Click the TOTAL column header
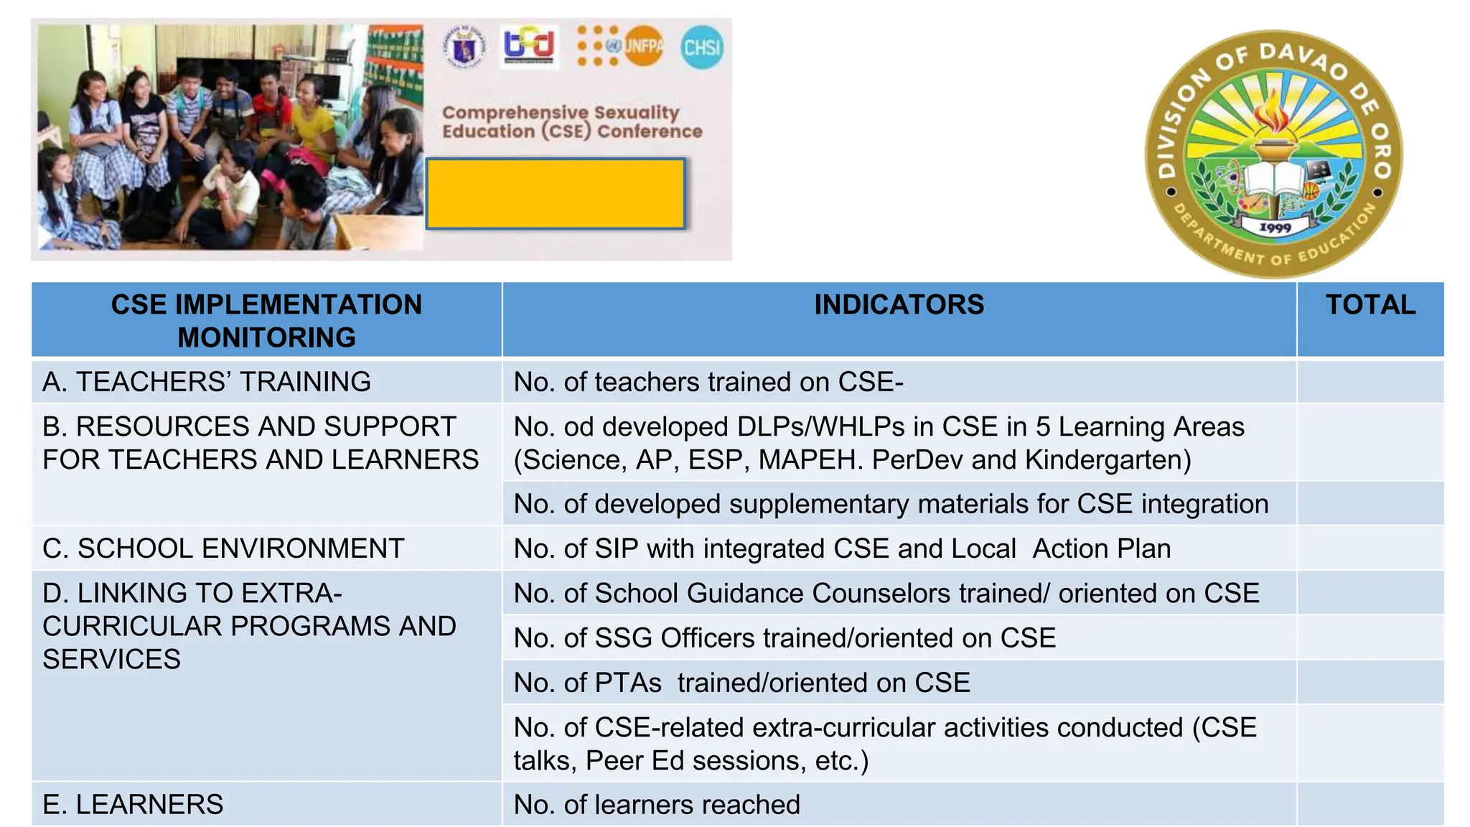(1370, 305)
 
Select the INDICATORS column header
(899, 305)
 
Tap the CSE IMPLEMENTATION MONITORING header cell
(266, 321)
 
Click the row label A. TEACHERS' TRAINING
(207, 382)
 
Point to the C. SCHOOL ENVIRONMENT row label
(223, 548)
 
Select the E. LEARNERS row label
(133, 804)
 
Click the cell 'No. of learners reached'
(657, 804)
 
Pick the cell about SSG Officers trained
(785, 637)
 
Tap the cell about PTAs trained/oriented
(741, 682)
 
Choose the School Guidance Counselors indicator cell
(886, 593)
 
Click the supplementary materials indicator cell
(891, 504)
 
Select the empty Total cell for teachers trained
(1370, 382)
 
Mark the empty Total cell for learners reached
(1370, 804)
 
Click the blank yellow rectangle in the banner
(556, 194)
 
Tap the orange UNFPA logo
(642, 47)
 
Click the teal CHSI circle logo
(701, 47)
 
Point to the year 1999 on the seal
(1275, 228)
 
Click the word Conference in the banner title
(650, 131)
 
